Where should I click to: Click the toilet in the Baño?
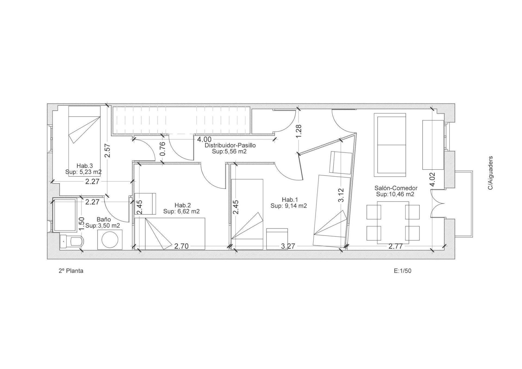click(72, 241)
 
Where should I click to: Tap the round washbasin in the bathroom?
click(110, 240)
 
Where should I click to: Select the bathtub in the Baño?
click(64, 215)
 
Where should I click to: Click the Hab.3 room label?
click(85, 166)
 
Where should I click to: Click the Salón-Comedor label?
click(396, 188)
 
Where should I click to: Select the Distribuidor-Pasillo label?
click(230, 145)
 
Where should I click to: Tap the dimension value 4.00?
click(204, 140)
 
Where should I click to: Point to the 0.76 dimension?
click(163, 149)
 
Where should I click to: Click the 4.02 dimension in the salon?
click(432, 179)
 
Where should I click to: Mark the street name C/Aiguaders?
click(491, 173)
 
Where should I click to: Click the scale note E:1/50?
click(403, 271)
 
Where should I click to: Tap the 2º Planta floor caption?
click(71, 271)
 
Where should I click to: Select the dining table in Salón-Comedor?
click(393, 223)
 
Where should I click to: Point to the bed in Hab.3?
click(85, 141)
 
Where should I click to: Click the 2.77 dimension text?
click(396, 246)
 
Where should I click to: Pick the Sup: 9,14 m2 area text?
click(289, 206)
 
